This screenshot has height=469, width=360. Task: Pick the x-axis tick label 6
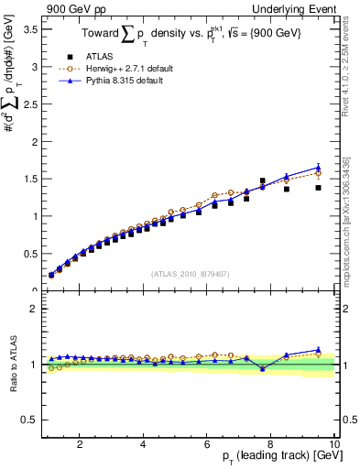[207, 444]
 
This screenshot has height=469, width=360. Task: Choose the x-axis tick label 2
[80, 444]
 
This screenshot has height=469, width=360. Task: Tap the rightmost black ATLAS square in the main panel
[318, 188]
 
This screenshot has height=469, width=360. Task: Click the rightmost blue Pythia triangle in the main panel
[318, 168]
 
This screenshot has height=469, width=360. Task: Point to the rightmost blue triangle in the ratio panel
[318, 350]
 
